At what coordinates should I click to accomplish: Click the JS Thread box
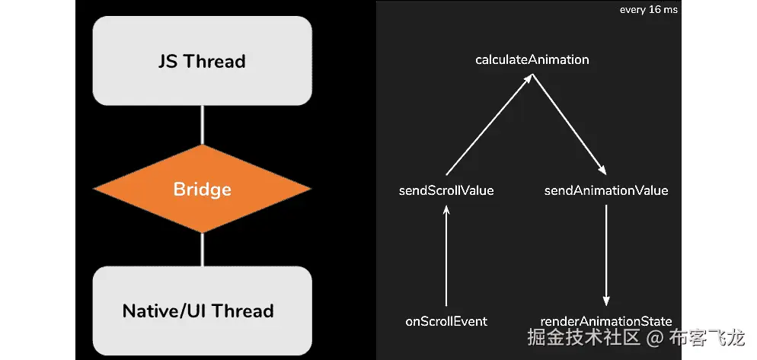pyautogui.click(x=203, y=61)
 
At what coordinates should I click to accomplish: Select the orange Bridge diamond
pyautogui.click(x=203, y=189)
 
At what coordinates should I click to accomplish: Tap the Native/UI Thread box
pyautogui.click(x=203, y=311)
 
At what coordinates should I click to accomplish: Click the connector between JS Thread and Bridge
pyautogui.click(x=203, y=125)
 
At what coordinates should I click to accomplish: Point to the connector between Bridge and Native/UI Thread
pyautogui.click(x=203, y=249)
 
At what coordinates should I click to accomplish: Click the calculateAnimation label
pyautogui.click(x=532, y=60)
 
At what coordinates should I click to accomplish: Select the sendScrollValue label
pyautogui.click(x=446, y=190)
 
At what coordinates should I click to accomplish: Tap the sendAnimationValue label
pyautogui.click(x=606, y=190)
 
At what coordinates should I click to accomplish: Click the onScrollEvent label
pyautogui.click(x=446, y=321)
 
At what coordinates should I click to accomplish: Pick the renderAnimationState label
pyautogui.click(x=606, y=321)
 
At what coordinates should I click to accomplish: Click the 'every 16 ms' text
pyautogui.click(x=648, y=10)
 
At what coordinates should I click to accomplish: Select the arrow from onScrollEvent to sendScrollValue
pyautogui.click(x=446, y=256)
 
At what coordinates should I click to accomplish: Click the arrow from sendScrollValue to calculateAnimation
pyautogui.click(x=489, y=124)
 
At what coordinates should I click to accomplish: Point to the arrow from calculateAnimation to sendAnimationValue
pyautogui.click(x=569, y=124)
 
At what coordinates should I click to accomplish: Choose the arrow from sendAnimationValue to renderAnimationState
pyautogui.click(x=606, y=256)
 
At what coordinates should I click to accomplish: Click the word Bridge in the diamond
pyautogui.click(x=203, y=189)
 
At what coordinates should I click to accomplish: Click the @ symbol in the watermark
pyautogui.click(x=655, y=337)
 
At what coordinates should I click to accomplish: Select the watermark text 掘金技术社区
pyautogui.click(x=583, y=337)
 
